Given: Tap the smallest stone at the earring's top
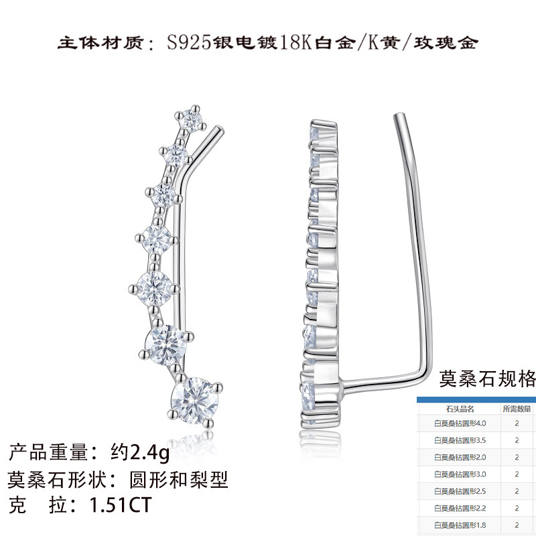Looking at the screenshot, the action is (194, 119).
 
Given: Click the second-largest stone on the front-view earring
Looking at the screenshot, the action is (165, 341).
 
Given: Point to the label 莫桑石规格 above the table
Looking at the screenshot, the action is (487, 379).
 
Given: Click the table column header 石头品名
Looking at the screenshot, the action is (460, 408).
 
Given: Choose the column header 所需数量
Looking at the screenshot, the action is (517, 408).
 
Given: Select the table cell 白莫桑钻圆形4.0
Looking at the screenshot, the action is (460, 423).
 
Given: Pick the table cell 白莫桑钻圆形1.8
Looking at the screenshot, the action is (460, 525).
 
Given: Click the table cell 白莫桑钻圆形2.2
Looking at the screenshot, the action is (460, 508).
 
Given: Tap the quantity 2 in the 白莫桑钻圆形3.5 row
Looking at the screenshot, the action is (517, 440).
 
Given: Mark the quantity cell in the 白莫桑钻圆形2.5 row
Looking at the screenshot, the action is (517, 491).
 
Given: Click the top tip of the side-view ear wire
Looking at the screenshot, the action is (399, 118).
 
